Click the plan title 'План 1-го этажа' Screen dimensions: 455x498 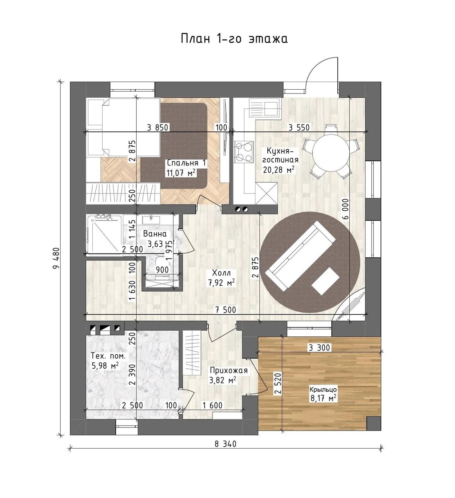(x=234, y=39)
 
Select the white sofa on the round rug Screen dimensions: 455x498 (x=300, y=256)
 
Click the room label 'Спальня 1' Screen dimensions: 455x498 (x=186, y=163)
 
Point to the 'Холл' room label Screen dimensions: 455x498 (x=221, y=273)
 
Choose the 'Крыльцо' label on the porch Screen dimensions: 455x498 (x=323, y=389)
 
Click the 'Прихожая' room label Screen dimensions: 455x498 (x=229, y=370)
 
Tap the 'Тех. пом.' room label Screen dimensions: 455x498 (x=108, y=356)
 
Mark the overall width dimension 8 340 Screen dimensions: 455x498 (x=225, y=444)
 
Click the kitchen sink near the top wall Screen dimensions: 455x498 (x=264, y=108)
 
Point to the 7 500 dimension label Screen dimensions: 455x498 (x=226, y=310)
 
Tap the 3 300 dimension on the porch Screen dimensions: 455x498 (x=319, y=347)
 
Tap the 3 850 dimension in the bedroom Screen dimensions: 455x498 (x=158, y=127)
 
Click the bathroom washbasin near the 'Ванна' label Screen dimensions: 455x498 (x=151, y=219)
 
